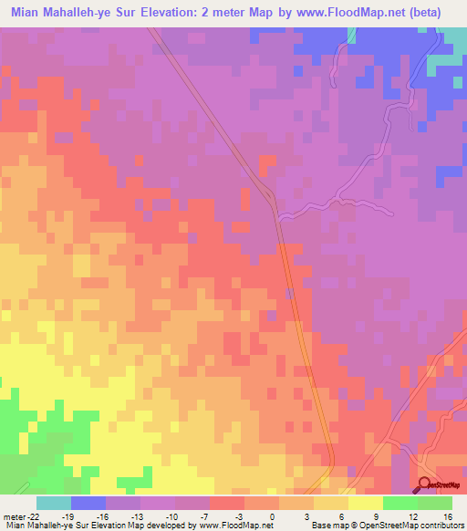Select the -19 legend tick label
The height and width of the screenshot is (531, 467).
pyautogui.click(x=67, y=515)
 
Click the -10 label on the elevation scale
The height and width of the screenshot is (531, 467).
pyautogui.click(x=171, y=515)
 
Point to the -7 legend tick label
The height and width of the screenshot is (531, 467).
pyautogui.click(x=206, y=515)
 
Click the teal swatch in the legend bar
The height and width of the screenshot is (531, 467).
pyautogui.click(x=54, y=503)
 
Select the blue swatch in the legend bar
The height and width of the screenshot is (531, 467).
pyautogui.click(x=88, y=503)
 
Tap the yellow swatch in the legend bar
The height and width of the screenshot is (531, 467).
pyautogui.click(x=366, y=503)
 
